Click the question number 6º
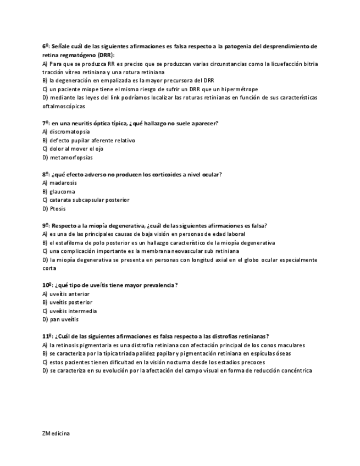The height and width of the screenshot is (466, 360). pos(46,46)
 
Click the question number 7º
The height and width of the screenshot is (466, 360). pos(46,123)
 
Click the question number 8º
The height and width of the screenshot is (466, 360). pos(46,174)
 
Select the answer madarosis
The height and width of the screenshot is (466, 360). pos(63,183)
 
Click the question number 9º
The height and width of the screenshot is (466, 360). pos(46,225)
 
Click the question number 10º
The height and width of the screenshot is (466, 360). pos(47,285)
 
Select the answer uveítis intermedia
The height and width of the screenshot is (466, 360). pos(73,310)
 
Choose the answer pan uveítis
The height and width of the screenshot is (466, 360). pos(64,319)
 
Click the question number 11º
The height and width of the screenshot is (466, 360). pos(47,336)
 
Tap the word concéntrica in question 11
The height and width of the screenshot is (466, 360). pos(297,370)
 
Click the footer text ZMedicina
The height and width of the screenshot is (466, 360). pos(56,433)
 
